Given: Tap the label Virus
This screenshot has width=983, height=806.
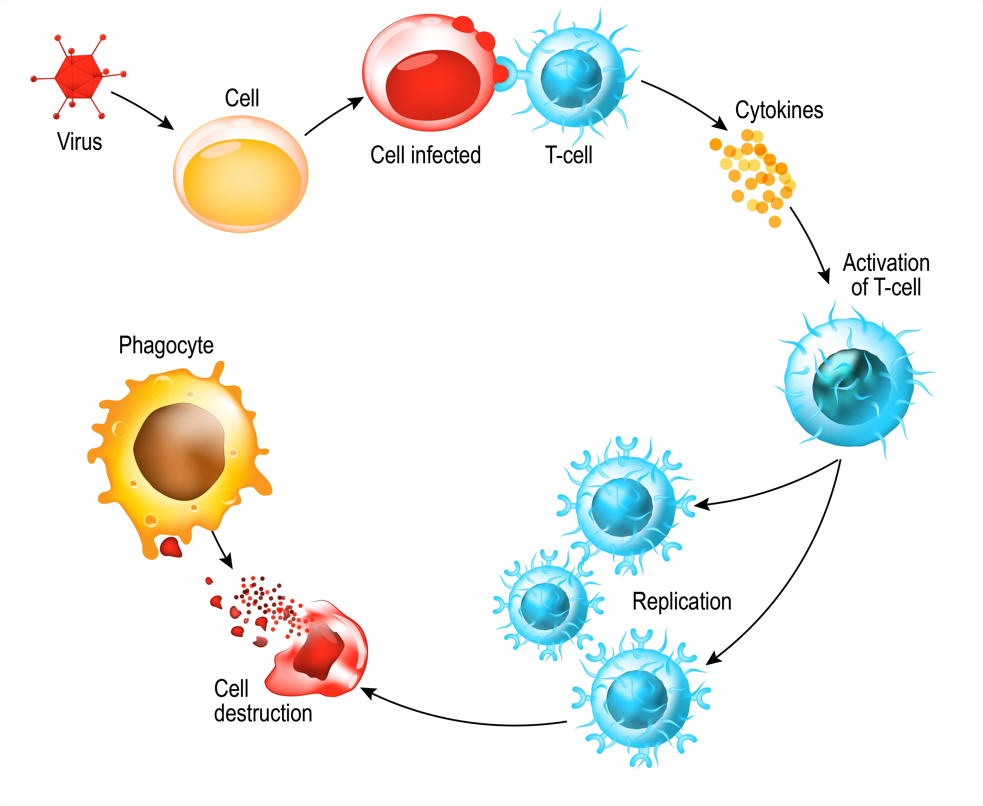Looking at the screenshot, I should (79, 142).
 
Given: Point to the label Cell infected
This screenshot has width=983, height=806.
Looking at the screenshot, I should (425, 155).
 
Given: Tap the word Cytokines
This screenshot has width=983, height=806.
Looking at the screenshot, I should (779, 110).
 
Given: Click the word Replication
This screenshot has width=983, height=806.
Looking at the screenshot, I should (682, 602).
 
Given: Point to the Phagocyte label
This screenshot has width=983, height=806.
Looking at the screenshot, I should (166, 345).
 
